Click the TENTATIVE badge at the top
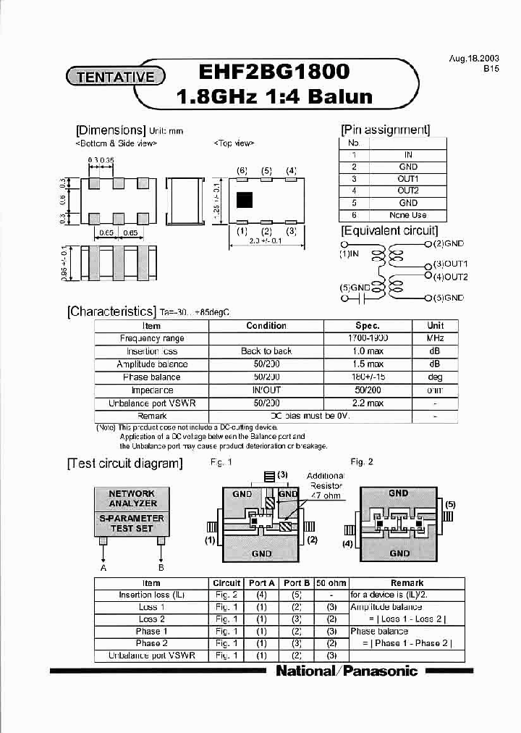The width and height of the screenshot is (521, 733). click(x=116, y=75)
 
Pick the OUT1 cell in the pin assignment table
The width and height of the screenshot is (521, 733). click(x=408, y=178)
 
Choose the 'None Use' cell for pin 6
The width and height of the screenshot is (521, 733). click(x=408, y=215)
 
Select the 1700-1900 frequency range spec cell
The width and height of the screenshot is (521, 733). click(x=368, y=338)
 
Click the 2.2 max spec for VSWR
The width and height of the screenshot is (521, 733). click(x=368, y=403)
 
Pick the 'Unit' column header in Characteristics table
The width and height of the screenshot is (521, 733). click(x=436, y=326)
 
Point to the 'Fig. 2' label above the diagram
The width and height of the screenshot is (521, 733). click(x=361, y=462)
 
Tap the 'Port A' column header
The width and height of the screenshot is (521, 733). click(x=261, y=583)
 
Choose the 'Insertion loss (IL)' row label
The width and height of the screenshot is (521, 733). click(x=152, y=595)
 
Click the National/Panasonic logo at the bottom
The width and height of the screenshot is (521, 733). click(x=347, y=671)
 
